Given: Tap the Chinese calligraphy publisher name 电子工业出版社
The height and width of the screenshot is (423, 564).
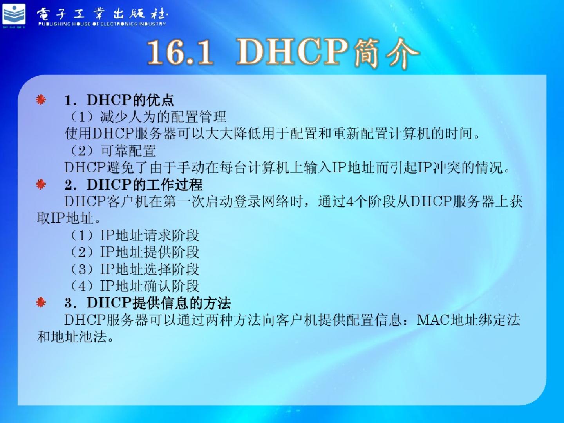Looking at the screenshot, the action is (x=102, y=14).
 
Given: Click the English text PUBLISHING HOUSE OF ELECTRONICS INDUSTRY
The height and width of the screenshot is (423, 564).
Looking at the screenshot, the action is (x=102, y=24).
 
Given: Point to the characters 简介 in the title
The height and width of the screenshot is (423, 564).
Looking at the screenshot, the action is (x=386, y=52).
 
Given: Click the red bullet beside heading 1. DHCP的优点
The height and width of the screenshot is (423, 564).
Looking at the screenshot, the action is (x=41, y=99).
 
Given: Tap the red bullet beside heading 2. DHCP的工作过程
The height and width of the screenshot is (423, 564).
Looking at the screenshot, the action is (x=41, y=184).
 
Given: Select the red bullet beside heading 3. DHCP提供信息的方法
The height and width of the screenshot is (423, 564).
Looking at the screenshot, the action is (x=41, y=302).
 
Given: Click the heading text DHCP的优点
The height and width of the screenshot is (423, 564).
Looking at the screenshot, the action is (x=130, y=100).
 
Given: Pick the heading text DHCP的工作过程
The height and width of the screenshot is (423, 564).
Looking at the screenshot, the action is (x=145, y=184).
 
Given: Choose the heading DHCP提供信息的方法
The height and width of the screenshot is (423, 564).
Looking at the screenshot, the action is (x=159, y=302).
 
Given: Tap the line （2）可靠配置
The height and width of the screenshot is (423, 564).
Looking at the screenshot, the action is (x=112, y=150).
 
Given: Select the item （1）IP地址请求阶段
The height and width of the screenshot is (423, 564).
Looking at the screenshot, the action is (x=133, y=235).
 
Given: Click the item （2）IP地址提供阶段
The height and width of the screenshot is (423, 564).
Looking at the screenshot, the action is (x=133, y=252).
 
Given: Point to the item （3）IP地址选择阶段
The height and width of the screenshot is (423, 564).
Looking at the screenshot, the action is (x=133, y=269).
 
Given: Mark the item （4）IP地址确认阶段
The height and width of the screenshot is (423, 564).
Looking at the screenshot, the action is (x=133, y=286).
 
